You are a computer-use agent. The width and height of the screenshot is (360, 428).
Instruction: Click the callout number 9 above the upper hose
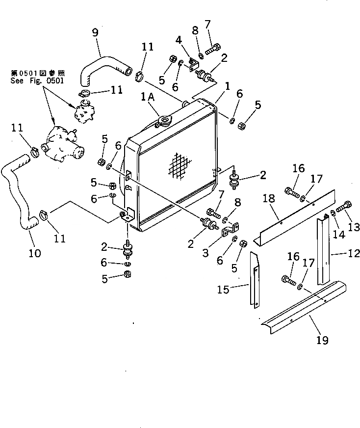tap(95, 33)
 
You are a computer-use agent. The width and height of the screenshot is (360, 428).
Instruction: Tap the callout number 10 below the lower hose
tap(35, 253)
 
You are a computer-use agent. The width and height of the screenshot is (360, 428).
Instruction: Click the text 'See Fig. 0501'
tap(37, 80)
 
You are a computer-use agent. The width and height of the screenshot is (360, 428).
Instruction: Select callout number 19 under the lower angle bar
tap(322, 339)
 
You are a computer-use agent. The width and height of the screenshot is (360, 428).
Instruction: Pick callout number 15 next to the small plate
tap(223, 290)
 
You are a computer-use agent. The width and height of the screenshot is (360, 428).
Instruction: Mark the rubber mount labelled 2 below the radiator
tap(128, 248)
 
